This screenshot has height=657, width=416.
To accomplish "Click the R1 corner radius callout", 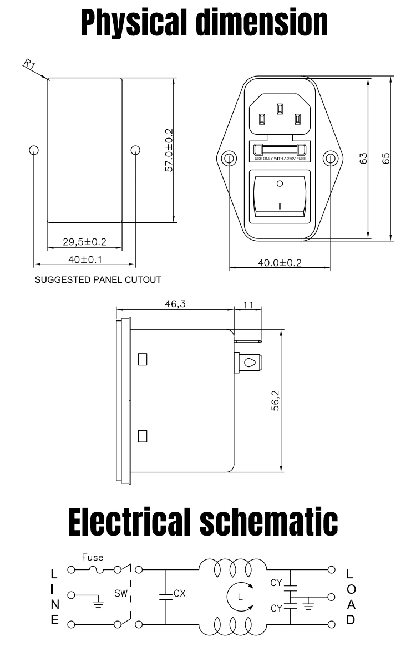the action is [x=29, y=64].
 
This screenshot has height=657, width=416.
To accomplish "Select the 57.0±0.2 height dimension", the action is [x=169, y=150].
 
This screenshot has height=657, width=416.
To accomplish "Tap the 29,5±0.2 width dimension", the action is [x=85, y=242].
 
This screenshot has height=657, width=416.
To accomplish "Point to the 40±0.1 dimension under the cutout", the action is [x=85, y=259].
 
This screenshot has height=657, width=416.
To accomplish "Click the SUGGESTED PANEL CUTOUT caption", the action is [x=98, y=279].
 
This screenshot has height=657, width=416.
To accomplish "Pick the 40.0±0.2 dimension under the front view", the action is [x=280, y=263].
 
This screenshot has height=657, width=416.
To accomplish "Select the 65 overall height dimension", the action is [x=386, y=159].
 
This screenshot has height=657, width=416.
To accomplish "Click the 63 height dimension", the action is [x=363, y=159].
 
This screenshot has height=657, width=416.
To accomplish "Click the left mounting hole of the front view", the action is [x=229, y=159].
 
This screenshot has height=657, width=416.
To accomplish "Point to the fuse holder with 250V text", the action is [x=280, y=151].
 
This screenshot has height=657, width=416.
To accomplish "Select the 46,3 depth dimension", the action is [x=175, y=304].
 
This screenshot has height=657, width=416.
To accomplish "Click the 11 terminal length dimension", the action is [x=248, y=305].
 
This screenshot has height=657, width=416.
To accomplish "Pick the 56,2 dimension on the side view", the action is [x=276, y=400].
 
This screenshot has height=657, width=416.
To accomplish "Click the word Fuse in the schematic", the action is [x=93, y=557].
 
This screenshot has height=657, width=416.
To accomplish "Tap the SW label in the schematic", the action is [x=121, y=593].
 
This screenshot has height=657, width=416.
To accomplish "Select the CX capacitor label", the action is [x=180, y=593].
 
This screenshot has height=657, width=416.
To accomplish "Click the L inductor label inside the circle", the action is [x=240, y=597].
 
